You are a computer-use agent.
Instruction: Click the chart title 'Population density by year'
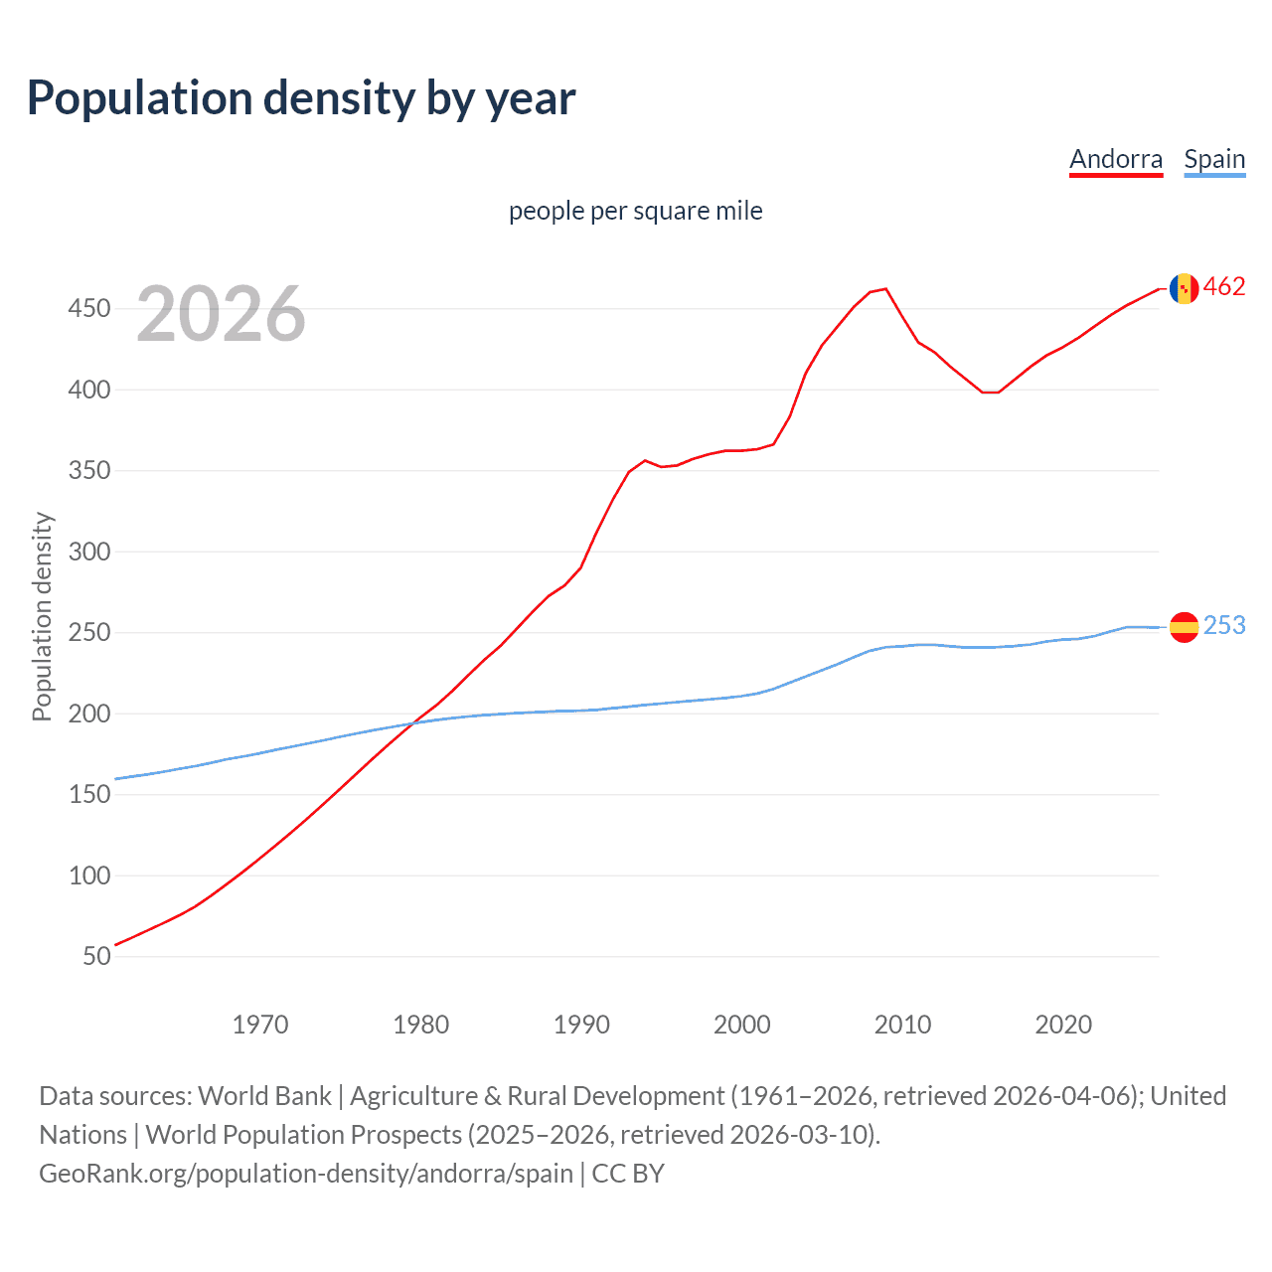[301, 98]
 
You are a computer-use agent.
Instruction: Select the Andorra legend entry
[1115, 159]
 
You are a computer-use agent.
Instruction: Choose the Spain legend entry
[1214, 159]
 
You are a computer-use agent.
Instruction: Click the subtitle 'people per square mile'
[635, 211]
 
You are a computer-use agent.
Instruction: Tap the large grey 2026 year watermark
[221, 314]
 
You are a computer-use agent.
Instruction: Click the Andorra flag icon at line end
[1184, 288]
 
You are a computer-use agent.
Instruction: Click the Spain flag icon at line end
[1184, 626]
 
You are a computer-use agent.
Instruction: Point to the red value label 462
[1224, 287]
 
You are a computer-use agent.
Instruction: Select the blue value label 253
[1224, 625]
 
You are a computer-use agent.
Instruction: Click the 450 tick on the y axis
[89, 309]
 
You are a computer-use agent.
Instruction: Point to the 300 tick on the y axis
[89, 552]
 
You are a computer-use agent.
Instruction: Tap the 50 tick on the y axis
[96, 956]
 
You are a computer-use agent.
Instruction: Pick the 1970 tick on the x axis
[260, 1025]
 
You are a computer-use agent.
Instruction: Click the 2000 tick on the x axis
[742, 1025]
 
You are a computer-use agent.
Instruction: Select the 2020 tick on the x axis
[1063, 1025]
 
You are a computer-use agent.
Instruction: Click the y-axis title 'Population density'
[42, 616]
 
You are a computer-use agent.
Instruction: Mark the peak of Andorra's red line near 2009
[885, 289]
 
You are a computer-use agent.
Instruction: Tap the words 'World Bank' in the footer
[264, 1096]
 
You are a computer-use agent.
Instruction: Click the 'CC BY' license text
[628, 1174]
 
